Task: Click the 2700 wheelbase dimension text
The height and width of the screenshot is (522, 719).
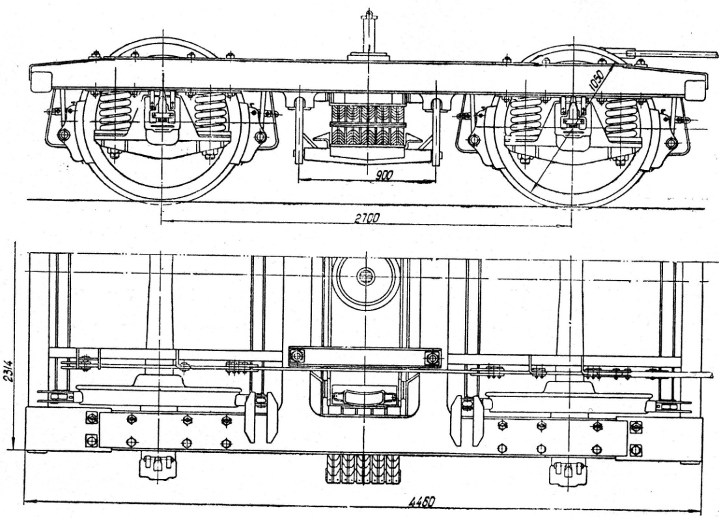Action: point(367,219)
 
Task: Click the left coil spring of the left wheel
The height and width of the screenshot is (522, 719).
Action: point(115,113)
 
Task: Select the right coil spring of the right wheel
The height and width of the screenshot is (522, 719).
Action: point(623,118)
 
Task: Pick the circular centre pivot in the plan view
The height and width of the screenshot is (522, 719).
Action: point(367,279)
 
